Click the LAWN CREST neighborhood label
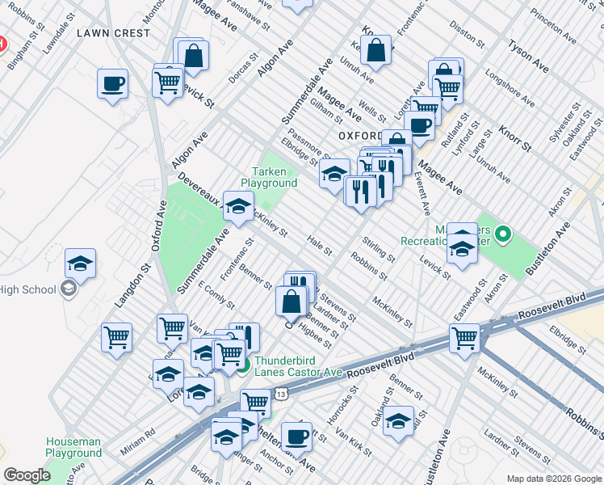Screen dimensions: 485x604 pyautogui.click(x=114, y=33)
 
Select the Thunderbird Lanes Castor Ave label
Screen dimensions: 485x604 pyautogui.click(x=299, y=367)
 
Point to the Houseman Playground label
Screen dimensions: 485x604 pyautogui.click(x=73, y=447)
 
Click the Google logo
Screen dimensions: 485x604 pyautogui.click(x=27, y=475)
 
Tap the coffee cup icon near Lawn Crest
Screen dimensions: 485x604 pyautogui.click(x=112, y=83)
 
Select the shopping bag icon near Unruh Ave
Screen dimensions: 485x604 pyautogui.click(x=376, y=51)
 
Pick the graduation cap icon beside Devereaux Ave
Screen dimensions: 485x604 pyautogui.click(x=238, y=207)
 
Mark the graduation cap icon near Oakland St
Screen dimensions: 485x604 pyautogui.click(x=398, y=422)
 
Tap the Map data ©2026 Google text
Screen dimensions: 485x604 pyautogui.click(x=553, y=478)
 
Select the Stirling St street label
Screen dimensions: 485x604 pyautogui.click(x=378, y=250)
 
